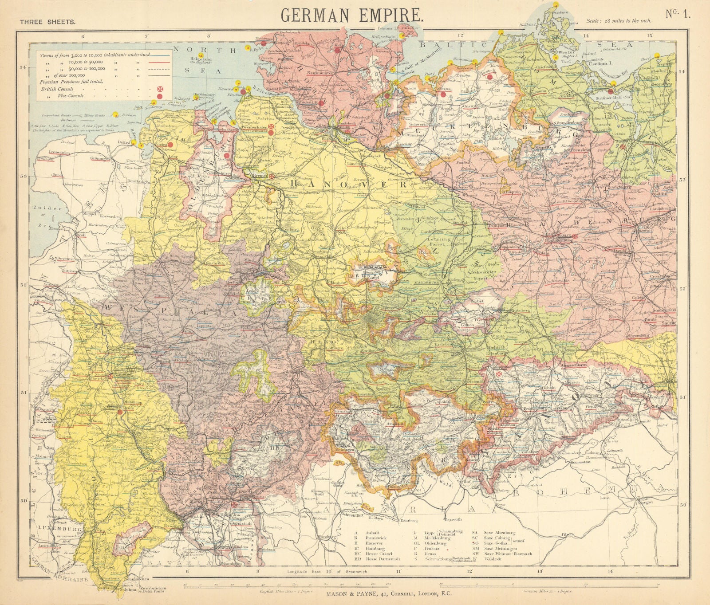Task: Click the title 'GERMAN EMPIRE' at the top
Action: (x=352, y=15)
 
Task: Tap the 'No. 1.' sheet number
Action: (x=678, y=14)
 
